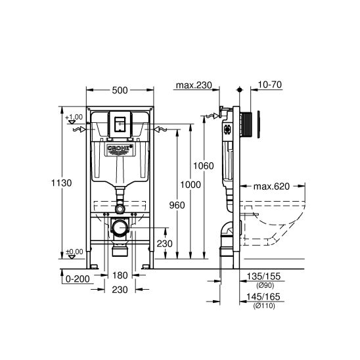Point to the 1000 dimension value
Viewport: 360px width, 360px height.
pyautogui.click(x=191, y=186)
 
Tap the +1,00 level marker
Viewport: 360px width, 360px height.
pyautogui.click(x=75, y=117)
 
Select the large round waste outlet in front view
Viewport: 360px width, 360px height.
pyautogui.click(x=120, y=229)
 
